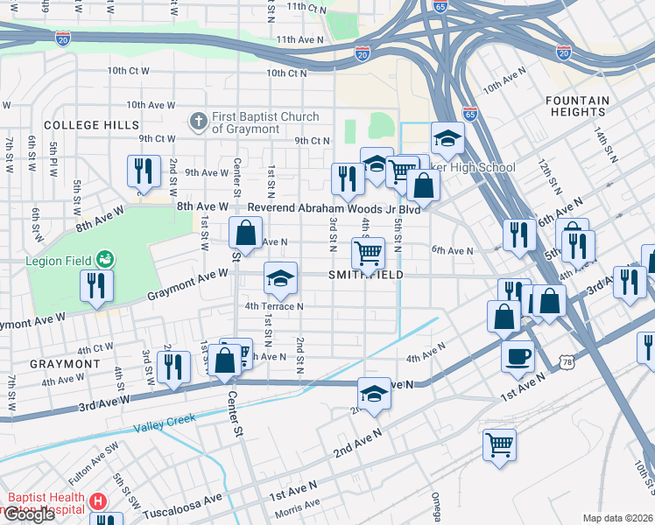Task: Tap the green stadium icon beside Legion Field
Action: (x=106, y=259)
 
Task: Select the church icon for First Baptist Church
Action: (x=199, y=120)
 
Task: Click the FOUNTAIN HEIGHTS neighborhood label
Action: (x=577, y=107)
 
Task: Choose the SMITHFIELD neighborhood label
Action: (x=366, y=275)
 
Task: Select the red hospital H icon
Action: (x=98, y=502)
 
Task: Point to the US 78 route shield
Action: (x=566, y=360)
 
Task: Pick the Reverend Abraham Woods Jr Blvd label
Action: (x=335, y=209)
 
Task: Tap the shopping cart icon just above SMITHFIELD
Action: (x=368, y=254)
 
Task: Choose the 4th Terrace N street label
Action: (x=274, y=306)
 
